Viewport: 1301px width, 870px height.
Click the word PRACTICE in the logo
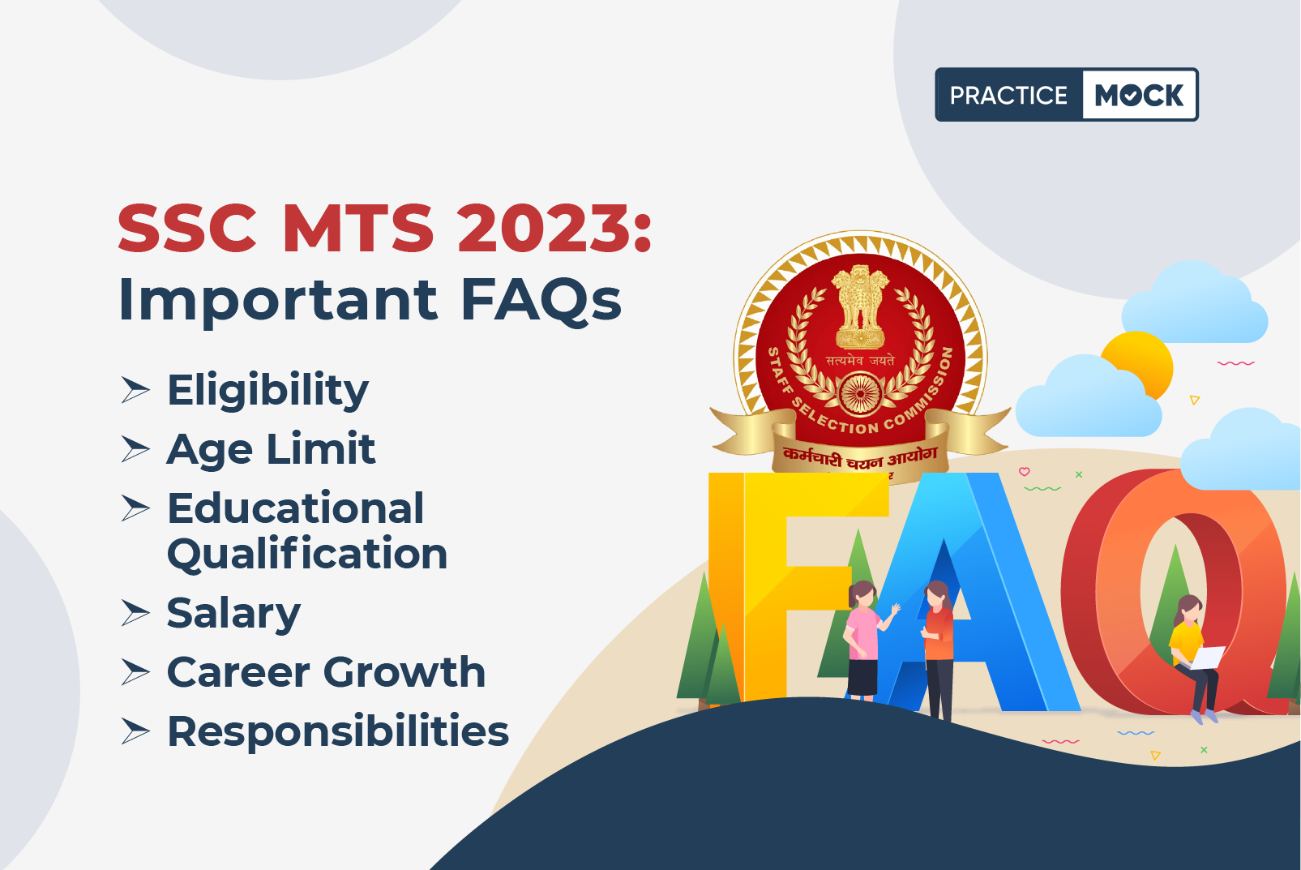(1008, 95)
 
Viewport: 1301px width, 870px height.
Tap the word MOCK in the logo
(1139, 95)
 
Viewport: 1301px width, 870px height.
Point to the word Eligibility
(267, 390)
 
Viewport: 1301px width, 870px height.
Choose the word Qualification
(307, 555)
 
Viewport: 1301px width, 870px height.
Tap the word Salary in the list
(233, 614)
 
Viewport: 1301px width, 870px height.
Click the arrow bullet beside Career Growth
(135, 672)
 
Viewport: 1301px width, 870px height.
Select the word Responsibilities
(338, 732)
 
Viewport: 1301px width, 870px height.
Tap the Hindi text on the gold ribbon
(860, 457)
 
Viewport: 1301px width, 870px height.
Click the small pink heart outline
(1025, 472)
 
